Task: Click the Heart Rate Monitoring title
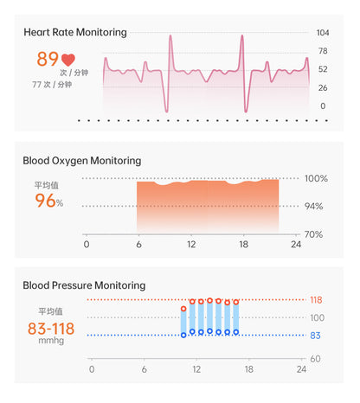(x=74, y=33)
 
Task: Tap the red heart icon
(x=69, y=61)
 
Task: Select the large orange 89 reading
(x=48, y=60)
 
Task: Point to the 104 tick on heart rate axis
(x=323, y=33)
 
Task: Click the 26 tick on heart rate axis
(x=323, y=88)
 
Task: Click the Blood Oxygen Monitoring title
(x=81, y=161)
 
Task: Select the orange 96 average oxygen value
(x=45, y=201)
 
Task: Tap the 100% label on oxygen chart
(x=315, y=179)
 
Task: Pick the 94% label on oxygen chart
(x=315, y=207)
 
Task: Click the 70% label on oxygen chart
(x=315, y=234)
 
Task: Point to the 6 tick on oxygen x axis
(x=138, y=245)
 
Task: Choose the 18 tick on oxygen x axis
(x=244, y=245)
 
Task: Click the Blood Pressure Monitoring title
(x=84, y=285)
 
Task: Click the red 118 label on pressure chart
(x=316, y=300)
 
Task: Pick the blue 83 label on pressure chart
(x=316, y=336)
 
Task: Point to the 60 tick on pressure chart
(x=316, y=358)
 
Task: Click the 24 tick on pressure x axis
(x=301, y=369)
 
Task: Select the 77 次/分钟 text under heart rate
(x=52, y=85)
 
